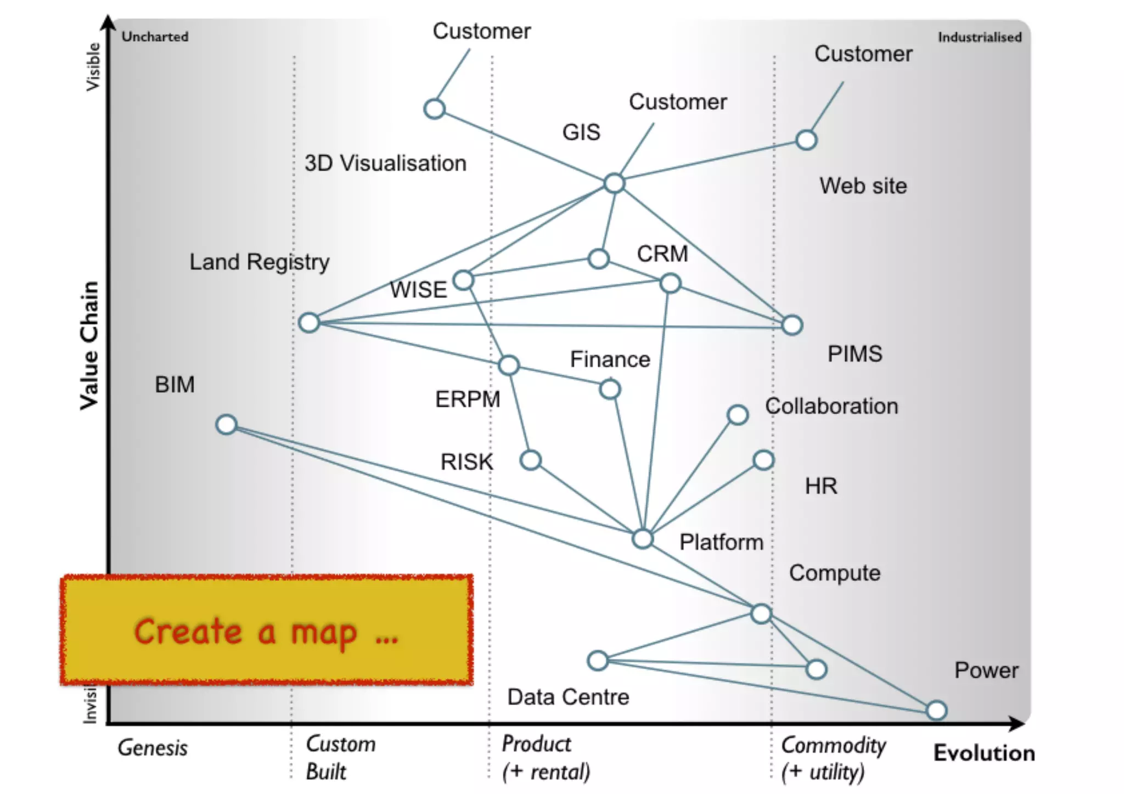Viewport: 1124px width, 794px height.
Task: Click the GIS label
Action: coord(581,132)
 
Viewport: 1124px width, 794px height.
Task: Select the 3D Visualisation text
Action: coord(385,164)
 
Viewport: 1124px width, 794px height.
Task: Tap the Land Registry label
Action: coord(259,262)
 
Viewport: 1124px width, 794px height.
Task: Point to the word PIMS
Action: coord(855,354)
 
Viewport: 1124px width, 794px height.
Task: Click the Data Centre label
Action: coord(568,697)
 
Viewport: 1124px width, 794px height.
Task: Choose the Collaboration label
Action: coord(831,407)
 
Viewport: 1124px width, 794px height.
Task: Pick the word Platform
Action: coord(721,542)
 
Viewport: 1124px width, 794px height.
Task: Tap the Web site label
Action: coord(863,186)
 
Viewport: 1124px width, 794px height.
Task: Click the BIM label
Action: coord(175,385)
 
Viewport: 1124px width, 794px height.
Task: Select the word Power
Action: coord(986,671)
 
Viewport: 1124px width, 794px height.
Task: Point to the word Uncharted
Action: coord(155,37)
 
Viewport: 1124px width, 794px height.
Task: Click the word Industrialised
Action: coord(979,37)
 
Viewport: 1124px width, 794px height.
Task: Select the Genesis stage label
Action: coord(153,748)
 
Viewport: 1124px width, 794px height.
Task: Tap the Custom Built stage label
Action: coord(340,758)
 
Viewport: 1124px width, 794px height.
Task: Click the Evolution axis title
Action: coord(984,753)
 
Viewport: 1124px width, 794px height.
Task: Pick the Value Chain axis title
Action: coord(89,346)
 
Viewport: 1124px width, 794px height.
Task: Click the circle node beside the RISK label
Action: coord(531,460)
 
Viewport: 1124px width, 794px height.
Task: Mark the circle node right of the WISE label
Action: coord(464,280)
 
